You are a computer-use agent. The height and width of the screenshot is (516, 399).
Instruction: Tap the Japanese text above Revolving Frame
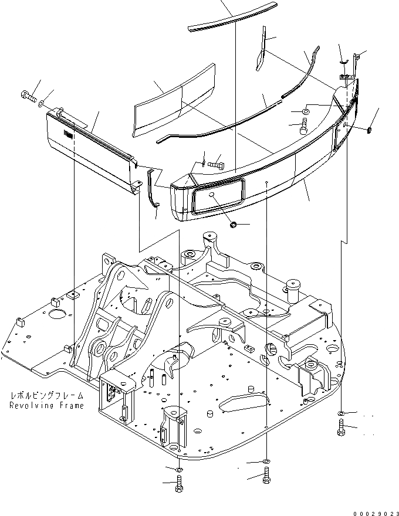(46, 396)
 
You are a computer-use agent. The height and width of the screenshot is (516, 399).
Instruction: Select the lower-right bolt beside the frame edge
(341, 430)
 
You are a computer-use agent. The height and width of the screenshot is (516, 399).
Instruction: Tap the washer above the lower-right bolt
(341, 415)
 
